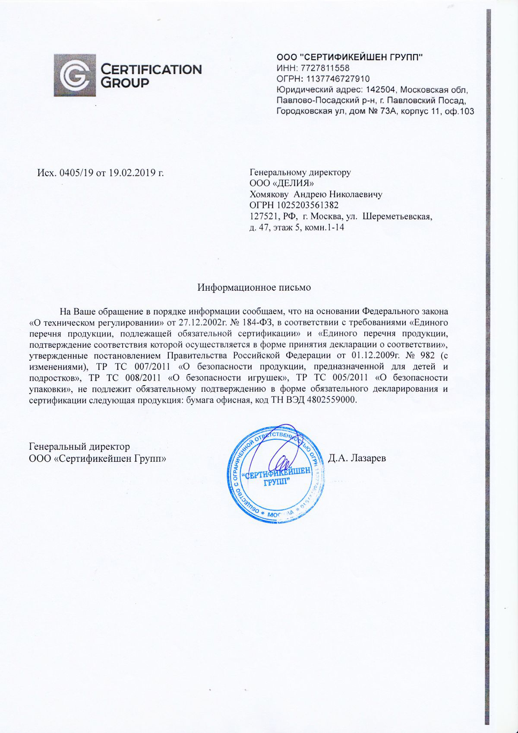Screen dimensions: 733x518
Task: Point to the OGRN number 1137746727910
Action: pos(338,79)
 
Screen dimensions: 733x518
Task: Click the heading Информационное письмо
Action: pos(254,287)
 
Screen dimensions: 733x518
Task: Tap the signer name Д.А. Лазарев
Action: pos(357,457)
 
